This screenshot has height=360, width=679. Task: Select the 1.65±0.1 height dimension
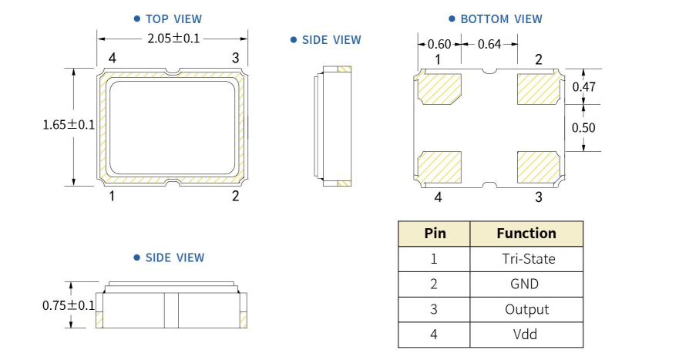pyautogui.click(x=69, y=125)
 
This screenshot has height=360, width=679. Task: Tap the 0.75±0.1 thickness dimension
pyautogui.click(x=69, y=305)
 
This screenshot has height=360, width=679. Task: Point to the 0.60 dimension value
pyautogui.click(x=439, y=44)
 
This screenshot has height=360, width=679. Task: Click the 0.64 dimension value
pyautogui.click(x=489, y=44)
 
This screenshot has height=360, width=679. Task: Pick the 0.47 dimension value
pyautogui.click(x=583, y=87)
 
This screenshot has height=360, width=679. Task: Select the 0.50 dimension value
pyautogui.click(x=583, y=128)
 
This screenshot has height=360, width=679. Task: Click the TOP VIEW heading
pyautogui.click(x=173, y=19)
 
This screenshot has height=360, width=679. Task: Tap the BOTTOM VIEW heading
pyautogui.click(x=501, y=19)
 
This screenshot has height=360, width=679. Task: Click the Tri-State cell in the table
pyautogui.click(x=527, y=258)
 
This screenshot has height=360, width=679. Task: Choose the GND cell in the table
pyautogui.click(x=527, y=284)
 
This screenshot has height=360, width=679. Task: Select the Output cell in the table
pyautogui.click(x=527, y=309)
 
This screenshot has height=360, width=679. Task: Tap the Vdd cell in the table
pyautogui.click(x=527, y=334)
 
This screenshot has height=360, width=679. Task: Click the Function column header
pyautogui.click(x=527, y=233)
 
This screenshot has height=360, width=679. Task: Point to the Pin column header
pyautogui.click(x=434, y=233)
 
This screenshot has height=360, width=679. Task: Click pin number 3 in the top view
pyautogui.click(x=235, y=58)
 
